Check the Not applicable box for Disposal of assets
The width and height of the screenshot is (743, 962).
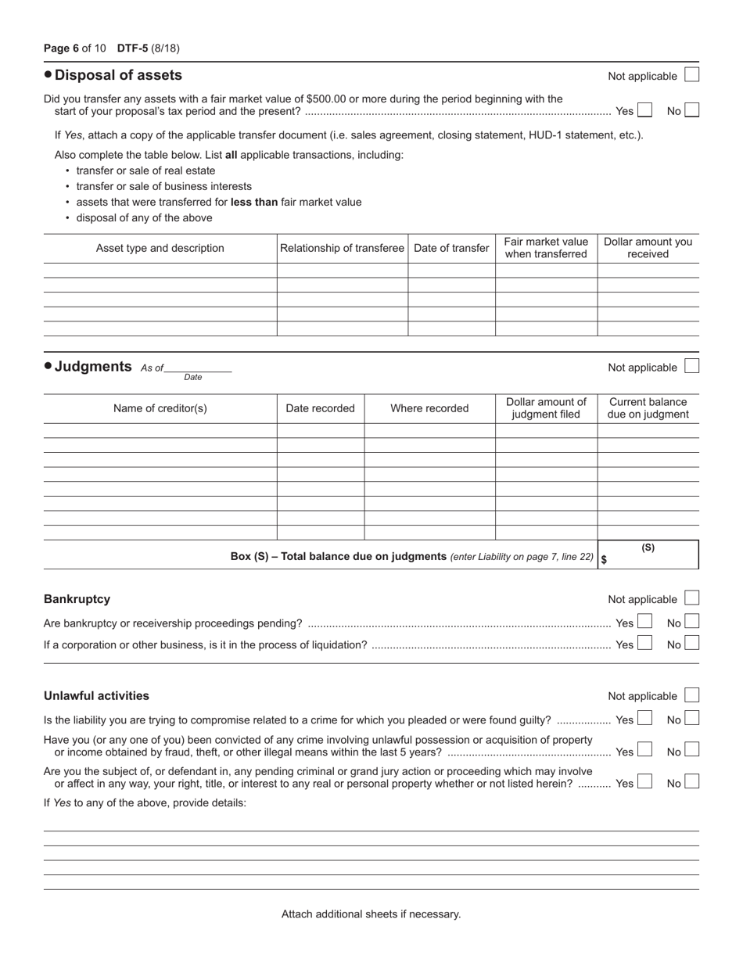point(691,75)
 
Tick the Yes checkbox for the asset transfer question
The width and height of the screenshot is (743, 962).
point(644,110)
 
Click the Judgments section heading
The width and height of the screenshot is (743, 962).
point(93,366)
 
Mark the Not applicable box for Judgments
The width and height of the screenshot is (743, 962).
point(691,366)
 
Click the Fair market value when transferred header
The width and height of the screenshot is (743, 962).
point(546,248)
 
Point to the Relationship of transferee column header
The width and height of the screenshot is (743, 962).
point(342,248)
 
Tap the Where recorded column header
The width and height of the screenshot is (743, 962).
point(429,408)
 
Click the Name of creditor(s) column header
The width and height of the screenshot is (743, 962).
point(160,408)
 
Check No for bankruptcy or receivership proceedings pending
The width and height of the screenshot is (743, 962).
point(691,623)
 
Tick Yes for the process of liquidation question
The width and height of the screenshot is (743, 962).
point(644,644)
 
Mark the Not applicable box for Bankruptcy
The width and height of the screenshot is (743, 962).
point(691,598)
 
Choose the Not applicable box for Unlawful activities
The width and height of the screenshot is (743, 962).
point(691,695)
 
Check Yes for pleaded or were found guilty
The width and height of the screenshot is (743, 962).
point(644,719)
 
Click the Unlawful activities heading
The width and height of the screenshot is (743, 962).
point(96,695)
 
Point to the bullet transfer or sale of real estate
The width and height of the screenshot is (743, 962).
point(145,171)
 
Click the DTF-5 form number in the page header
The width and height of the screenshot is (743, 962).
point(132,48)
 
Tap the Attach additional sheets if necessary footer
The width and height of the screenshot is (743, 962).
point(371,914)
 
